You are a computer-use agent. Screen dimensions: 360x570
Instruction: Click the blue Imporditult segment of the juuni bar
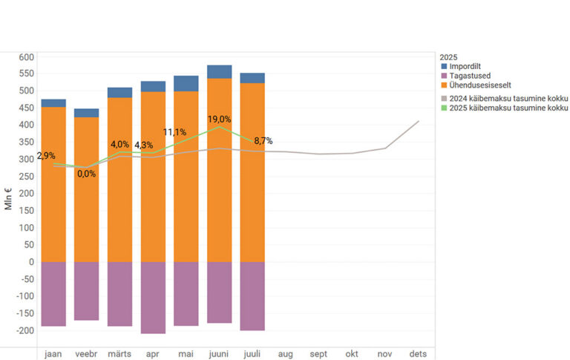click(x=219, y=72)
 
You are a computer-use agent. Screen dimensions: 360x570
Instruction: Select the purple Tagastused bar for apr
click(x=153, y=297)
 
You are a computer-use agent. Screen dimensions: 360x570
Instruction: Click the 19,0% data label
click(x=219, y=119)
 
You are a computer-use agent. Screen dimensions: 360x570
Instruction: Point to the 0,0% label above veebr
click(x=86, y=174)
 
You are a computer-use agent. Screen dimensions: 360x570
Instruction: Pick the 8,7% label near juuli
click(x=262, y=140)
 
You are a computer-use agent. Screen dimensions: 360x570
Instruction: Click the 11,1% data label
click(x=175, y=132)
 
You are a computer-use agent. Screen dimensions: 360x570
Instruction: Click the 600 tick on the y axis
click(x=27, y=58)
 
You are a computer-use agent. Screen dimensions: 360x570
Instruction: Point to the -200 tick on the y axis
click(x=25, y=330)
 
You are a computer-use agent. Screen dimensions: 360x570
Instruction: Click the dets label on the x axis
click(x=418, y=354)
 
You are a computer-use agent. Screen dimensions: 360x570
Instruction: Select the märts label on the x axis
click(x=119, y=354)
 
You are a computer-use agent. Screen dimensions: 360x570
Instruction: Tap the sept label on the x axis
click(x=318, y=354)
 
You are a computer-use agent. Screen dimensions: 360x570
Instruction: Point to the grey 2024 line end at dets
click(x=419, y=121)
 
